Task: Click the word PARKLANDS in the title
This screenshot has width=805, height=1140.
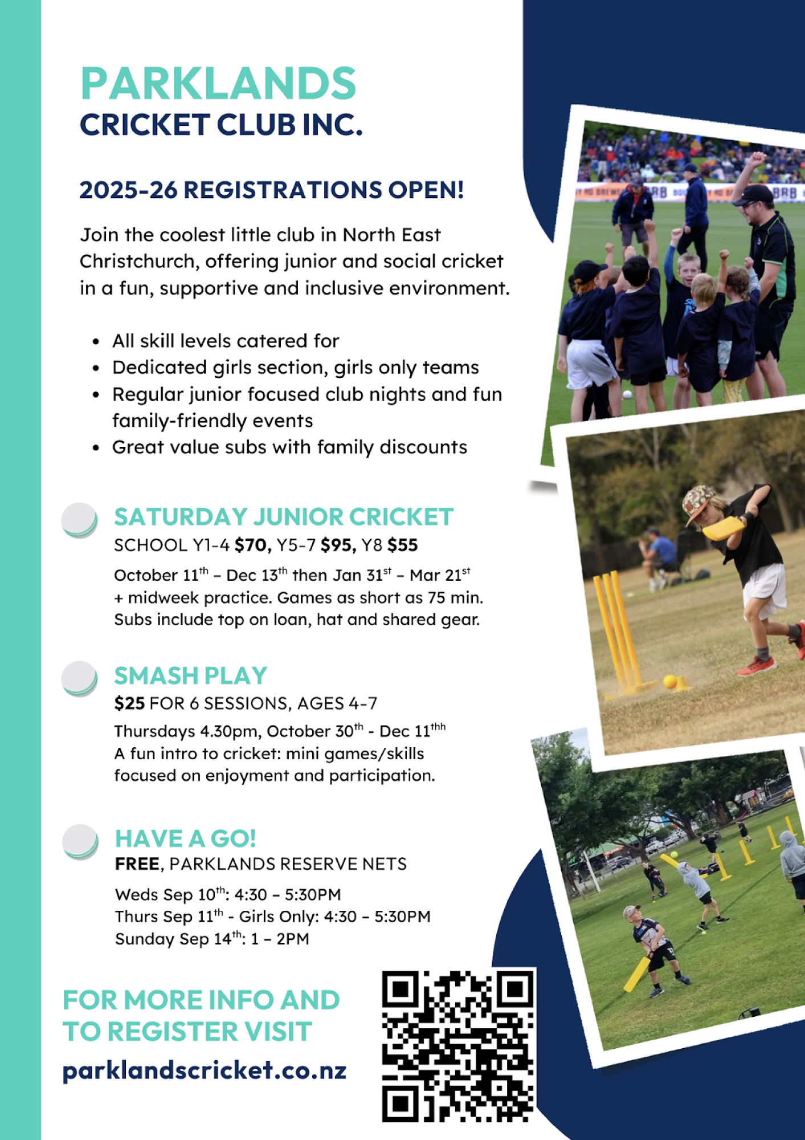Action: click(218, 83)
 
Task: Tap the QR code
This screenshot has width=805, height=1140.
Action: click(459, 1047)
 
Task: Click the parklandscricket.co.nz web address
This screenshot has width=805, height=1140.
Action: click(205, 1070)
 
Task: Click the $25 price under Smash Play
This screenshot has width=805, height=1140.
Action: click(129, 703)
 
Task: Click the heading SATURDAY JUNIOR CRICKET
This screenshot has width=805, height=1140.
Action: click(284, 517)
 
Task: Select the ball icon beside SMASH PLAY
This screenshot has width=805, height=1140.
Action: click(79, 678)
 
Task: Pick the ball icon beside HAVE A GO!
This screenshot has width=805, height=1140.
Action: click(80, 841)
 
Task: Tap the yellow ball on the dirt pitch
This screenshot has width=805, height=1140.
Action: click(670, 681)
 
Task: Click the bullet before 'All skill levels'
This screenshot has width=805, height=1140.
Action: click(96, 342)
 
